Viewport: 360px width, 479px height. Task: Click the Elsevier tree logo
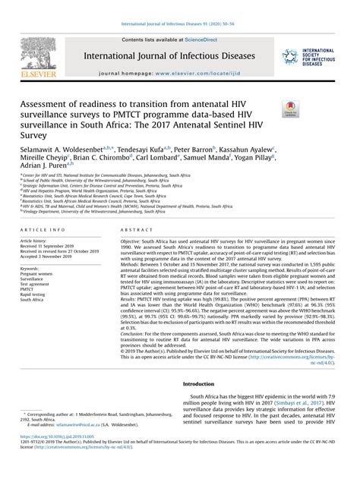(x=35, y=52)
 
